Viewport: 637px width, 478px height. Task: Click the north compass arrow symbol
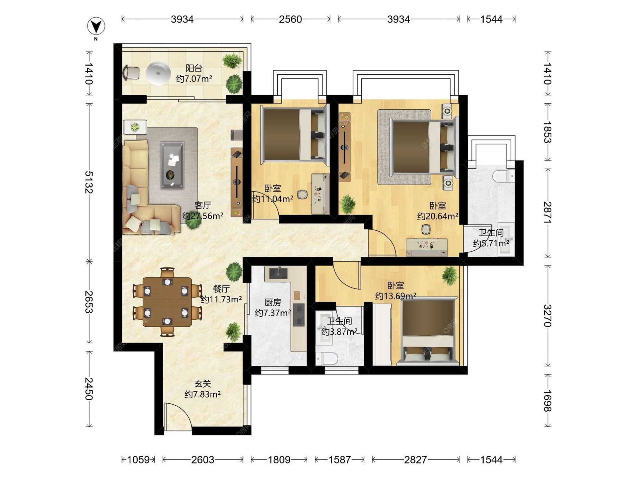point(96,26)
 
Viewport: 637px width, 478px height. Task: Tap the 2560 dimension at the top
point(290,19)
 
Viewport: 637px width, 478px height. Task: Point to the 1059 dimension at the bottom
point(139,460)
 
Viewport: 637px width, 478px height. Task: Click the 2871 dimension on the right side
point(547,213)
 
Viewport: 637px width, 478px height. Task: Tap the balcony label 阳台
point(194,68)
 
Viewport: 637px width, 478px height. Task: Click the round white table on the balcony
point(158,73)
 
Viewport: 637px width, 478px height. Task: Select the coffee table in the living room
point(172,165)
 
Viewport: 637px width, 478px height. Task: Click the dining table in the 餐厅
point(167,302)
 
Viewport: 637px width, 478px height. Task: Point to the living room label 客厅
point(203,205)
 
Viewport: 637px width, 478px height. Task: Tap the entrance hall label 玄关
point(203,384)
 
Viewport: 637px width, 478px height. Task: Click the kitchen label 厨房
point(273,302)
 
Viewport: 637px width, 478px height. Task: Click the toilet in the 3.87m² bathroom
point(326,358)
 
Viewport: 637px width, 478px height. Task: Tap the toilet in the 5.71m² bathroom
point(504,176)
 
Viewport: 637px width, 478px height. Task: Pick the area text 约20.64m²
point(438,216)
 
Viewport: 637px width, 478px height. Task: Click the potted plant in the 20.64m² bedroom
point(347,204)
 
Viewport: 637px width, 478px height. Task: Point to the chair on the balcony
point(131,73)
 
